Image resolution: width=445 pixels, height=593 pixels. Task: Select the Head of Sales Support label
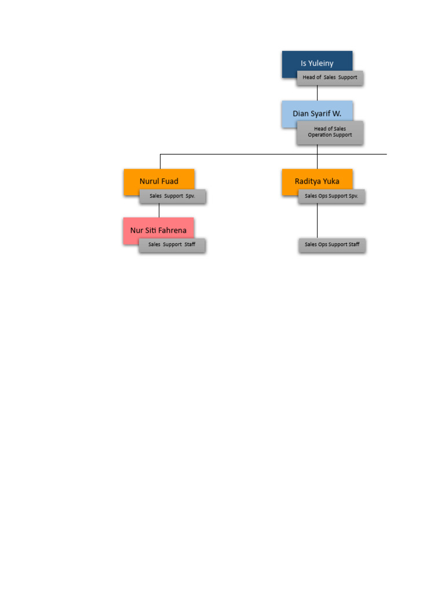(330, 78)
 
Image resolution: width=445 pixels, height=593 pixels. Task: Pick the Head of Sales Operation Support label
(330, 132)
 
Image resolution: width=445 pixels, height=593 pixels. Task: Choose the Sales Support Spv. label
(172, 196)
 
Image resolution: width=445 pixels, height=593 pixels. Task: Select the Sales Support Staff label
(172, 245)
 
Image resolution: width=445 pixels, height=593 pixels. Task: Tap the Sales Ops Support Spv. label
(331, 196)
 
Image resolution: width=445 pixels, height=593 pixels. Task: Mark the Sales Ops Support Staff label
(332, 245)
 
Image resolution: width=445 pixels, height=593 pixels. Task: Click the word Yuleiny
(321, 63)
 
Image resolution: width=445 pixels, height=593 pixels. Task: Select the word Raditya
(308, 181)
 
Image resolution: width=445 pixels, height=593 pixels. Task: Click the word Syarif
(320, 114)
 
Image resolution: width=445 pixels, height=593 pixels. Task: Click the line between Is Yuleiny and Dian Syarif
(317, 93)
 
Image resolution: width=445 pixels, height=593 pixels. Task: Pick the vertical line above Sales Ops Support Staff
(317, 220)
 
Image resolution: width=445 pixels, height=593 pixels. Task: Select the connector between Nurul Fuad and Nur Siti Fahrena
(159, 210)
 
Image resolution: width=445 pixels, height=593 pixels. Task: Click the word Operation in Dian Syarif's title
(319, 135)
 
